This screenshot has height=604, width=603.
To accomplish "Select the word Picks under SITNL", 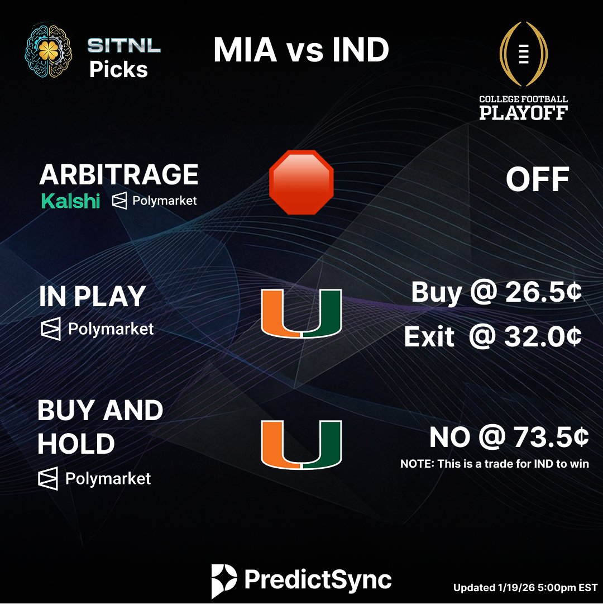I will tap(118, 69).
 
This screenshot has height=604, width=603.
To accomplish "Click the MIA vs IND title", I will tap(301, 50).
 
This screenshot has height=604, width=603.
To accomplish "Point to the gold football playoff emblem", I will tap(523, 55).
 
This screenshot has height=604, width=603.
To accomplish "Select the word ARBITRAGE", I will tap(119, 175).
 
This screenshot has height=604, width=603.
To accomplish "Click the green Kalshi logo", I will tap(70, 201).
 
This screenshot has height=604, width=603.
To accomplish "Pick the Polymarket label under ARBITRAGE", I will tap(155, 201).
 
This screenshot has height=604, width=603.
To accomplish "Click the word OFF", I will tap(537, 180).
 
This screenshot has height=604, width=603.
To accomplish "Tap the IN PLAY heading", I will tap(92, 297).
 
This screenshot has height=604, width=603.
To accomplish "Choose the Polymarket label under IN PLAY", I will tap(97, 329).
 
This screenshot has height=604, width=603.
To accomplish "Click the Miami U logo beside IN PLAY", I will tap(301, 313).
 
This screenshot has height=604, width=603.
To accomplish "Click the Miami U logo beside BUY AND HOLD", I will tap(301, 445).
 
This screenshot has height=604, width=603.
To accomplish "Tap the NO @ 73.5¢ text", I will tap(509, 438).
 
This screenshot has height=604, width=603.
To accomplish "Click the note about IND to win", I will tap(495, 464).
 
